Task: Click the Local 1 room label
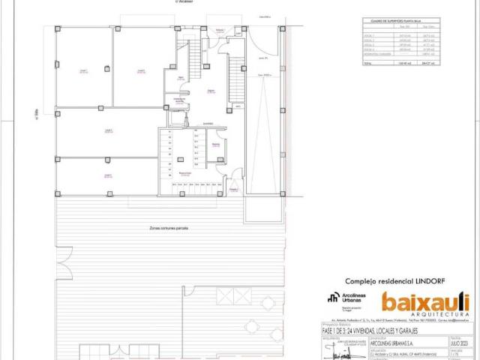click(x=84, y=70)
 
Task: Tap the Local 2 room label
click(x=140, y=70)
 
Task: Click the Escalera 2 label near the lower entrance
click(x=233, y=190)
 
